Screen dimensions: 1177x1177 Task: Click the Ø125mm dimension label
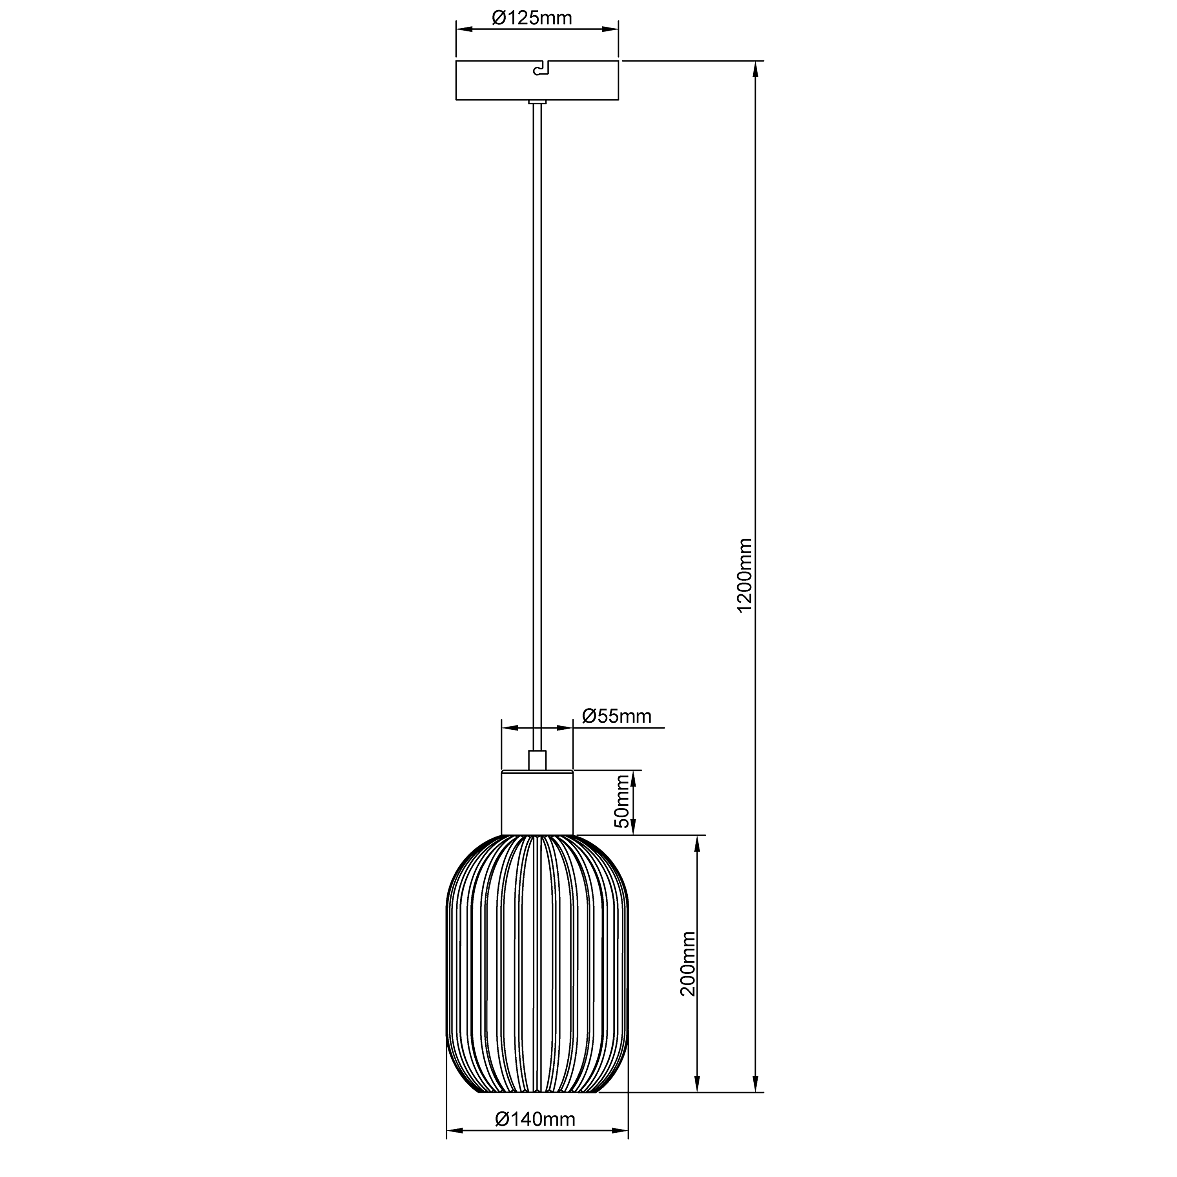point(532,18)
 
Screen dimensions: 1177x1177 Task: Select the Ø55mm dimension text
point(616,716)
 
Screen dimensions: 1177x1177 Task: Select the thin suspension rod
point(537,426)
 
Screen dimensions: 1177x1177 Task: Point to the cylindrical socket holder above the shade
point(537,803)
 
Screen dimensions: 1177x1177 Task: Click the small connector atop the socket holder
point(537,761)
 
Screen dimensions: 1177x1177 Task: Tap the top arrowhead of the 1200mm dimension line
point(755,69)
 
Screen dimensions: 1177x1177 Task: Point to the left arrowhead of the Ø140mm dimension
point(454,1131)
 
